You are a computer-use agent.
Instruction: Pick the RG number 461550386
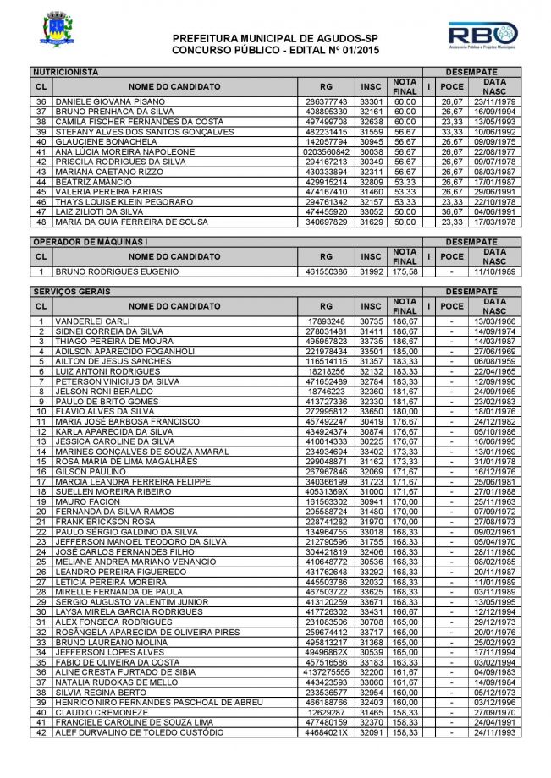click(x=325, y=271)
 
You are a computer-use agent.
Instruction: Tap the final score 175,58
click(x=404, y=271)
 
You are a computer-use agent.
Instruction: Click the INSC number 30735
click(x=372, y=321)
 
